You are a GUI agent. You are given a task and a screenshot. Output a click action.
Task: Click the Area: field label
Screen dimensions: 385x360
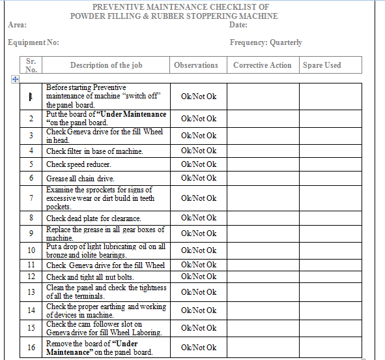click(17, 25)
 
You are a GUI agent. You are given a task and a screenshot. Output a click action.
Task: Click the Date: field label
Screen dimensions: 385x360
click(238, 25)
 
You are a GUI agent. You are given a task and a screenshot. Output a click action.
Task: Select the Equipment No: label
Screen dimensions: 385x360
click(33, 42)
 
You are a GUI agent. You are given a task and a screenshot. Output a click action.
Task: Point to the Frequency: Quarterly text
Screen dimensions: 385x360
click(266, 42)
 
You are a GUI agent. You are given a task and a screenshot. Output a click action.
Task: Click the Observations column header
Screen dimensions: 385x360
click(196, 65)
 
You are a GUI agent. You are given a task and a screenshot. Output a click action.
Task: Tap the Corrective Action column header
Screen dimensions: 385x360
click(262, 65)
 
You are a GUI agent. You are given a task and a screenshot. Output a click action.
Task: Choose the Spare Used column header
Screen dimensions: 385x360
click(322, 65)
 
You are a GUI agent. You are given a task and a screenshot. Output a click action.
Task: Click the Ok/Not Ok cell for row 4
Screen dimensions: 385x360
click(199, 151)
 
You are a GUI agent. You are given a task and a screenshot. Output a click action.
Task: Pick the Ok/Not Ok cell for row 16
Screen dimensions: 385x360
click(199, 348)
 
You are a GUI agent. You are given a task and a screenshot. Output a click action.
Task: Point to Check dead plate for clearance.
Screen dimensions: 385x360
click(93, 218)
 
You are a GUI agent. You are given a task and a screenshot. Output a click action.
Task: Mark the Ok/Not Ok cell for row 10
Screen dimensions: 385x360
click(199, 250)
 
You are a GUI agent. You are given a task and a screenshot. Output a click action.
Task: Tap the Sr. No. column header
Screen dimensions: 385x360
click(31, 65)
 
